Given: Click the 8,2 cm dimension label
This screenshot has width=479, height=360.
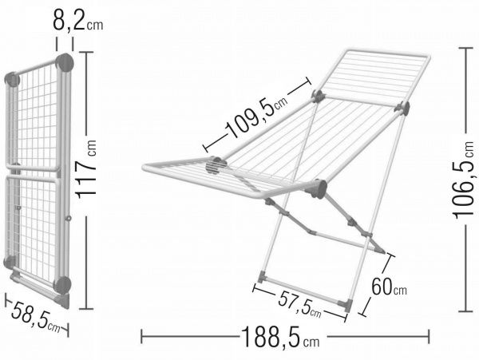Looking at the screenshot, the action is (x=78, y=21).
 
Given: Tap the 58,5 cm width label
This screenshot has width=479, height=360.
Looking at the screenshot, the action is (x=36, y=318).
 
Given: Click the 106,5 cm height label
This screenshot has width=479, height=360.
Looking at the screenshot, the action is (x=465, y=180).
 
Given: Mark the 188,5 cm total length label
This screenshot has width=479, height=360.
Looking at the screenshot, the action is (x=280, y=337).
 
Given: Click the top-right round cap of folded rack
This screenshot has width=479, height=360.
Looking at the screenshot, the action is (x=65, y=62).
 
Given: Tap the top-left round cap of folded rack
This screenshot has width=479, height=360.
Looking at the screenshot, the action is (x=13, y=80).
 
